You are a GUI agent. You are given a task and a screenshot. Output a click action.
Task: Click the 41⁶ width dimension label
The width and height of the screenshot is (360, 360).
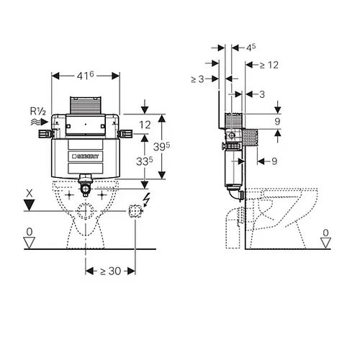[x=85, y=76]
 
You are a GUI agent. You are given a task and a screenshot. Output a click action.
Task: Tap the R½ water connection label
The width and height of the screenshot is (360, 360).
[x=38, y=111]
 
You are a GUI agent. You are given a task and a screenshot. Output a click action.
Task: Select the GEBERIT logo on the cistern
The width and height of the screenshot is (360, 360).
[x=86, y=156]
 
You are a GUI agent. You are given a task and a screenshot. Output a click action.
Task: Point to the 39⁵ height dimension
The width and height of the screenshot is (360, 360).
[x=161, y=146]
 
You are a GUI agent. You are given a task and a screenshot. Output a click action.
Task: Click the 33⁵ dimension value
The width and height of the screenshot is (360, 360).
[x=144, y=161]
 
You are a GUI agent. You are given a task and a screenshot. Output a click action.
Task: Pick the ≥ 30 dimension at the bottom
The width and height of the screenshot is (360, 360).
[x=110, y=271]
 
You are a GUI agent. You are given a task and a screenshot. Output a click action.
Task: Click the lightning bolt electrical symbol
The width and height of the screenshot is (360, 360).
[x=146, y=199]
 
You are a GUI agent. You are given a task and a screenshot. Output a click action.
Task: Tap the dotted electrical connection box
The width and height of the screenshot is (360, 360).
[x=135, y=211]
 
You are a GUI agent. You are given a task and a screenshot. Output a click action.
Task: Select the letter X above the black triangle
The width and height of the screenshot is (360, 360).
[x=30, y=193]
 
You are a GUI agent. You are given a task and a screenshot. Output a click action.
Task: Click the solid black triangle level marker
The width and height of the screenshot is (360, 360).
[x=30, y=205]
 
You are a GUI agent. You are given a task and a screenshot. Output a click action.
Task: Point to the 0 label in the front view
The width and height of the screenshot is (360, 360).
[x=30, y=232]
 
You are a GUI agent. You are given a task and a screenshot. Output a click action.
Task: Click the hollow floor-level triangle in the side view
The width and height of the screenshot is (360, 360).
[x=325, y=243]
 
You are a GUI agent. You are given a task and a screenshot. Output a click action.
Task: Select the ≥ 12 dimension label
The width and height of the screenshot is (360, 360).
[x=269, y=65]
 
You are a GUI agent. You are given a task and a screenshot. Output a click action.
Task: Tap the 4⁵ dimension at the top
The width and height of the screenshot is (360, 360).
[x=251, y=48]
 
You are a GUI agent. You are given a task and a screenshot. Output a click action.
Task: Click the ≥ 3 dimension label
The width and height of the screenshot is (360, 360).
[x=197, y=78]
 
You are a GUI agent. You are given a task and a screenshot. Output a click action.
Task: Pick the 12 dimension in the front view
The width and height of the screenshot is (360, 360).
[x=145, y=125]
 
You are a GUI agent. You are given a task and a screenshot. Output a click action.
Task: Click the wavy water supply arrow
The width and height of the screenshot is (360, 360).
[x=40, y=122]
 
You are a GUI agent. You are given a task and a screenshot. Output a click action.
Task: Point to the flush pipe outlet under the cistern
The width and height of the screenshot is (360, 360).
[x=86, y=185]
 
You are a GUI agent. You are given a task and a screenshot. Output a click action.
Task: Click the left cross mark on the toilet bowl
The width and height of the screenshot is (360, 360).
[x=69, y=195]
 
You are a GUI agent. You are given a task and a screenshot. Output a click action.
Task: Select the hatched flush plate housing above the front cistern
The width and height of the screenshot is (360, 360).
[x=86, y=105]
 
